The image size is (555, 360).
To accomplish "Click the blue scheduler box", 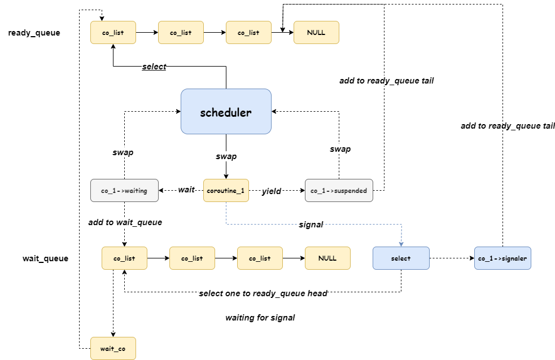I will coord(226,112).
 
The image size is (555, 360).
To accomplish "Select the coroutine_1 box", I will coord(226,191).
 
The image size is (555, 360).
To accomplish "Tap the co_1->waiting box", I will coord(124,191).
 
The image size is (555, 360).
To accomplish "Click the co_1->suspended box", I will coord(339,191).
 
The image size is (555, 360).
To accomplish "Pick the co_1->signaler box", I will coord(502,258).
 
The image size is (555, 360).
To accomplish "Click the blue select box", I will coord(401,258).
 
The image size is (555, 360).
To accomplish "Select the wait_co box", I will coord(113,349).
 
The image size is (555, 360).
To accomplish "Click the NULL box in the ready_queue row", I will coord(316,33).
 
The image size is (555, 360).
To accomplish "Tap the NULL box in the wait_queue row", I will coord(327,258).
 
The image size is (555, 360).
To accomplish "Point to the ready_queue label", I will coord(34,33).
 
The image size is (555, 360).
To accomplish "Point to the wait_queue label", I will coord(45,259).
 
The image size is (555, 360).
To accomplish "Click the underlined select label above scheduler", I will coord(154,67).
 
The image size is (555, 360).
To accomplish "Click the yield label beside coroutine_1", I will coord(272,191).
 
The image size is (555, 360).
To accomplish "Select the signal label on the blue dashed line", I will coord(311,225).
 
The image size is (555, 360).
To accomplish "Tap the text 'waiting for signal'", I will coord(260,318).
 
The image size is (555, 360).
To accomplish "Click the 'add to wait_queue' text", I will coord(125,222).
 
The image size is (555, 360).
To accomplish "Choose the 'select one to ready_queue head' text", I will coord(263,293).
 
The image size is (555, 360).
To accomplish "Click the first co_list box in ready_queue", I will coord(113,33).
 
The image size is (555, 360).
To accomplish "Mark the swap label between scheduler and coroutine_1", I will coord(226,156).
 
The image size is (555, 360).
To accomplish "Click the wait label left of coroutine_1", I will coord(186,190).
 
